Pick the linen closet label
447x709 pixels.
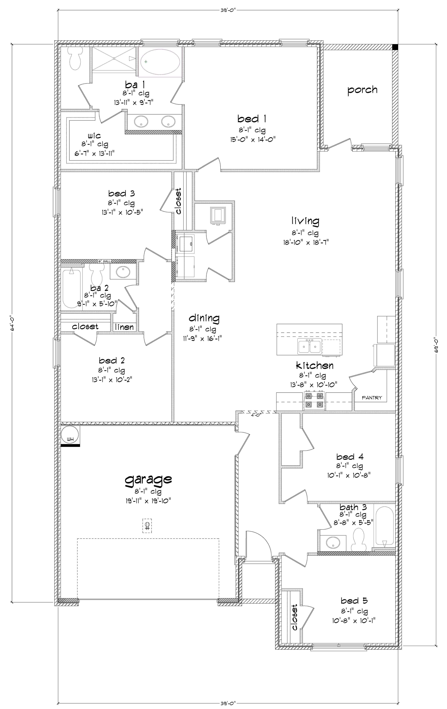[124, 327]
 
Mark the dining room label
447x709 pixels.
[204, 318]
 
